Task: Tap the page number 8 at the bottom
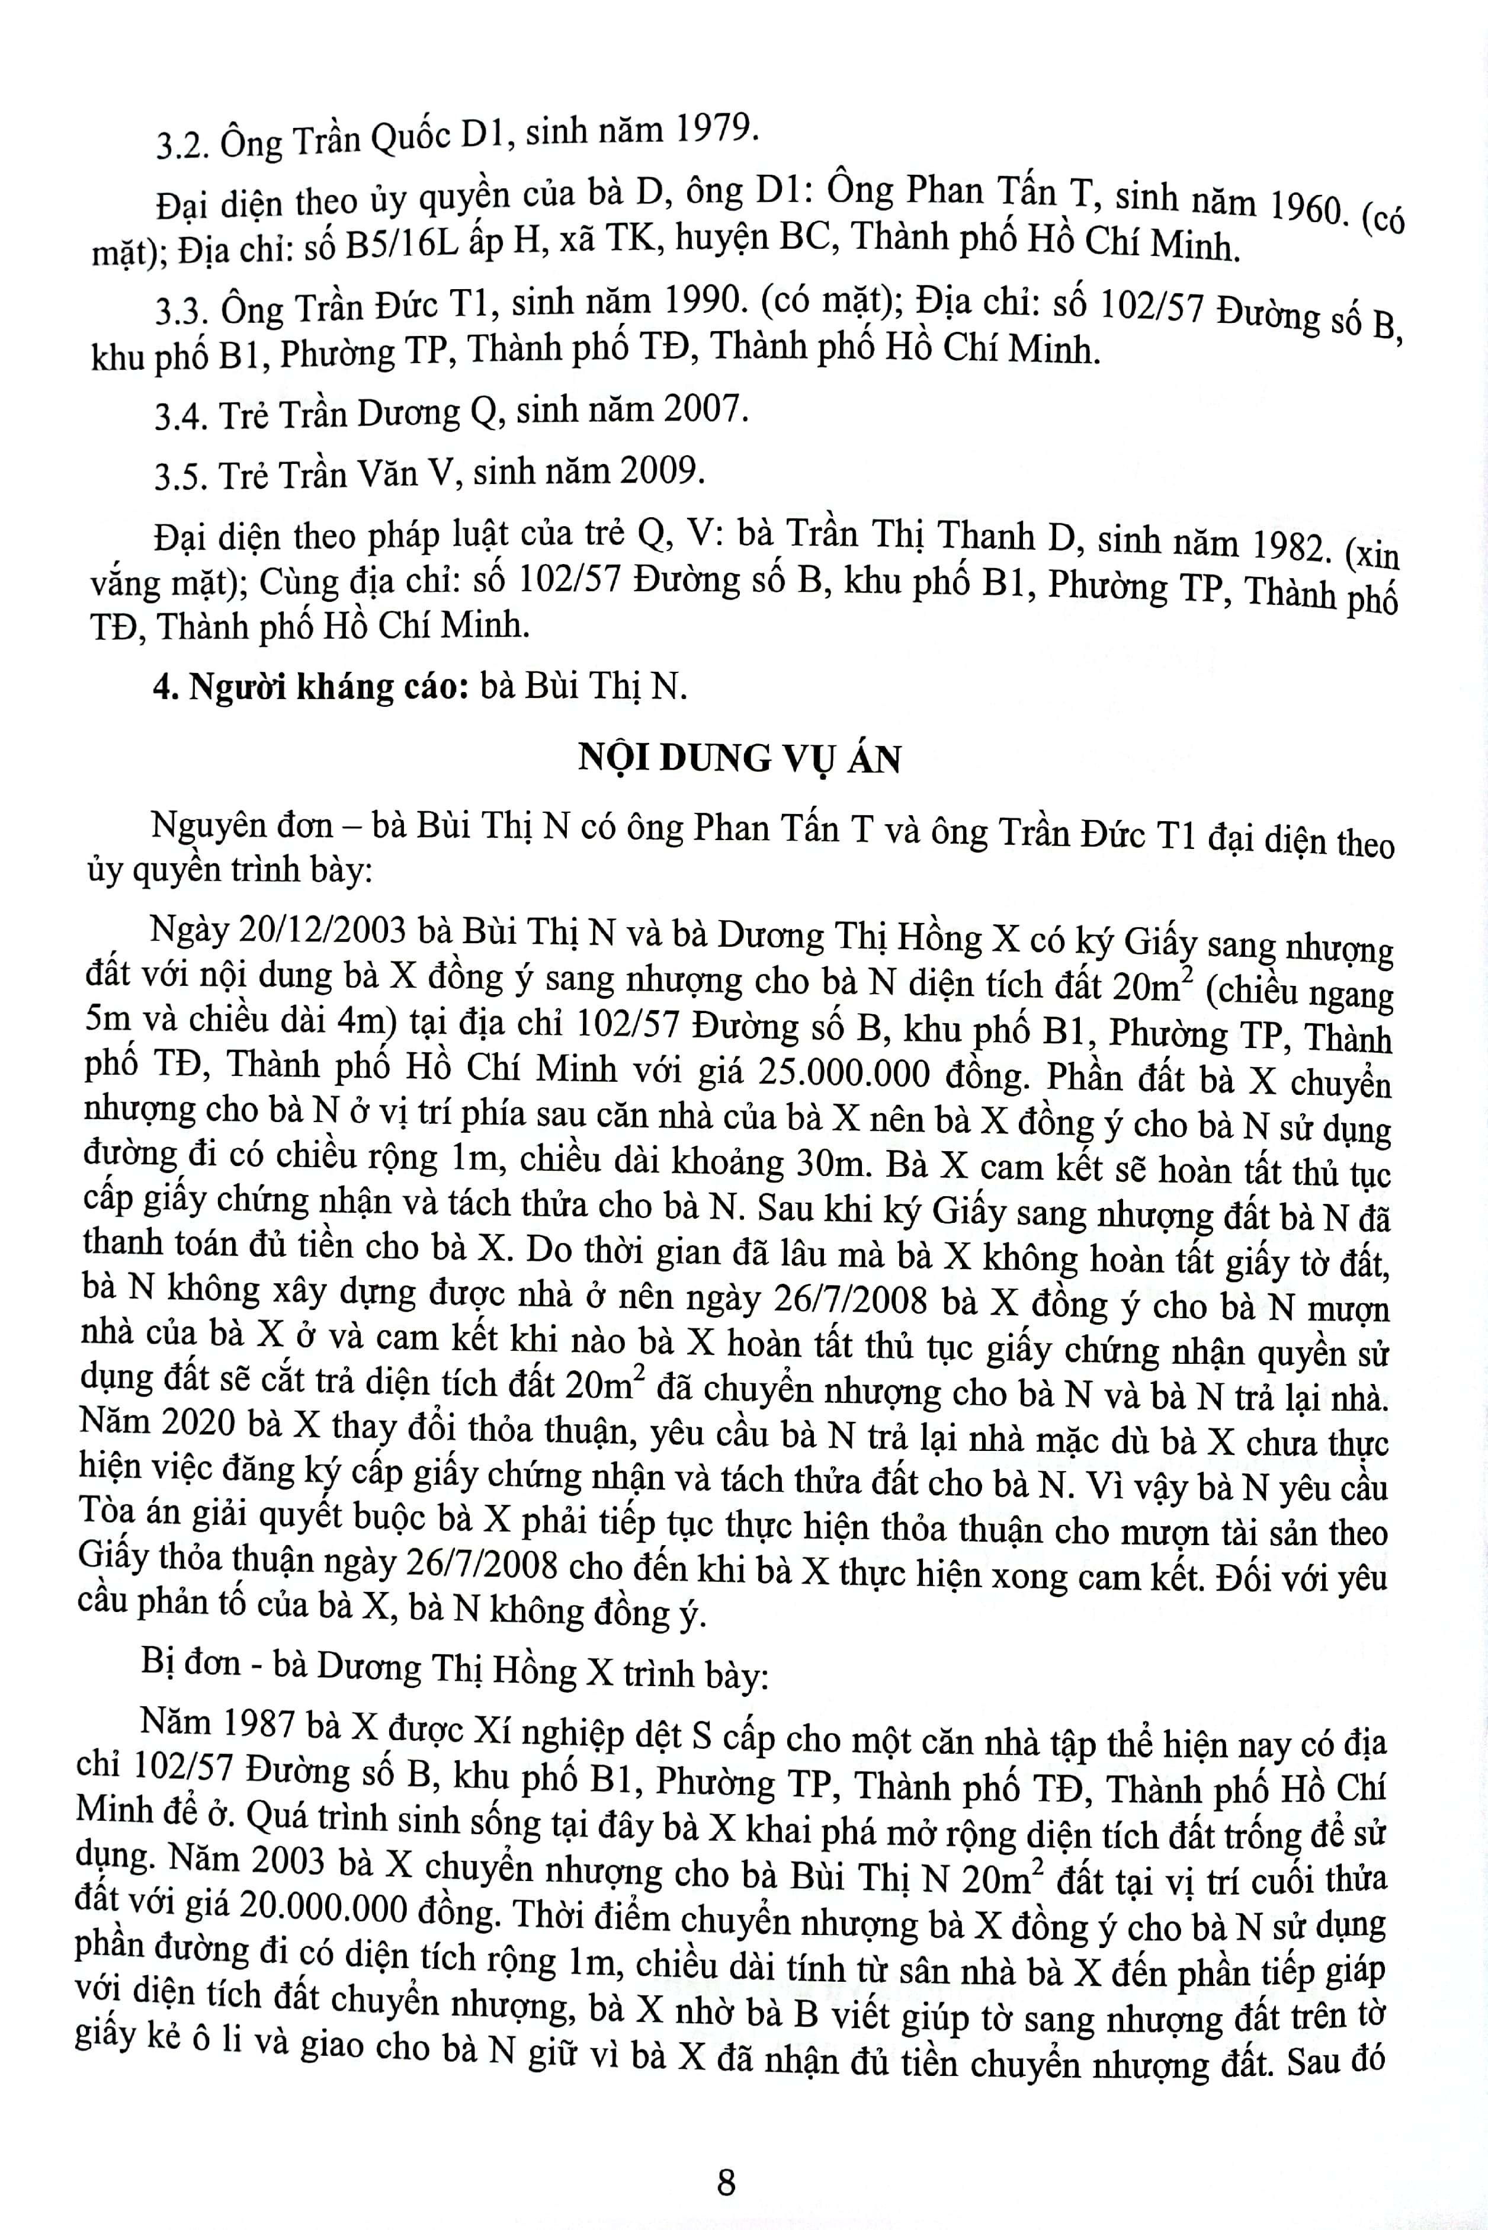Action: point(726,2156)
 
